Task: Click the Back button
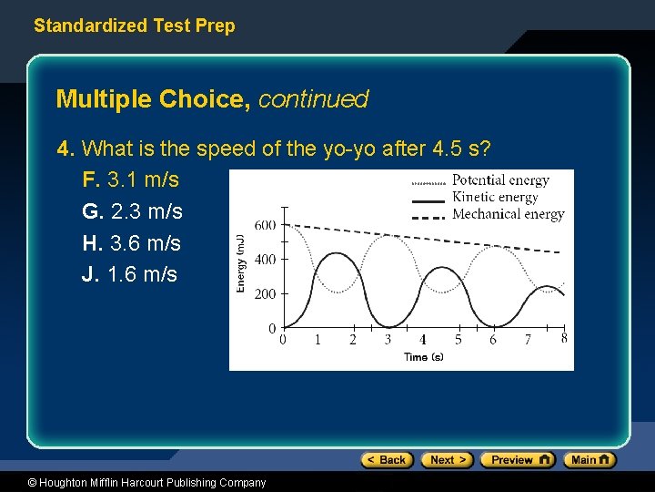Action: [x=387, y=460]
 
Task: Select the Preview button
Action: [x=517, y=460]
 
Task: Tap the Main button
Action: [x=589, y=460]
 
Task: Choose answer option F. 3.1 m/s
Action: [x=130, y=179]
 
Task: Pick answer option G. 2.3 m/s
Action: [x=132, y=211]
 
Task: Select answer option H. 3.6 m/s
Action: [x=131, y=243]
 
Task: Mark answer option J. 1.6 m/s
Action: [x=129, y=274]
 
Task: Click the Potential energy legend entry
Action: [x=499, y=180]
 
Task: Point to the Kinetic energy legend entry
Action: [x=495, y=197]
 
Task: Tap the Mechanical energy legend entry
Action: [x=508, y=214]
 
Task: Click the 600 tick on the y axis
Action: [x=265, y=225]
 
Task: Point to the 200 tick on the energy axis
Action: [x=265, y=293]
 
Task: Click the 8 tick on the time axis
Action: [x=564, y=338]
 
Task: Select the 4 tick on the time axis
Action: [x=423, y=340]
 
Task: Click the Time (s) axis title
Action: [x=423, y=357]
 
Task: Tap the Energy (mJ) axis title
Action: [x=241, y=263]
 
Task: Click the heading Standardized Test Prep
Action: [x=134, y=26]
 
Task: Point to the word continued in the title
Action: [x=313, y=99]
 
